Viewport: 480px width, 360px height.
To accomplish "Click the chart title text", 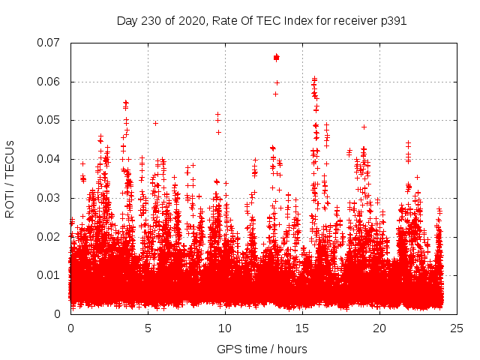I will click(x=262, y=20).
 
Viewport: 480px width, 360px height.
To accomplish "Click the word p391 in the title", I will click(x=392, y=20).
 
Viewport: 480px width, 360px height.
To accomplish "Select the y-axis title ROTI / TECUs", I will click(x=10, y=178).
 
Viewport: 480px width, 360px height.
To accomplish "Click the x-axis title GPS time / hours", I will click(x=262, y=349).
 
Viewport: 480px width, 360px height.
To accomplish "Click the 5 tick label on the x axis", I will click(x=148, y=328).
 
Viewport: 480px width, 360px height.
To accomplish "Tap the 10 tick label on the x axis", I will click(x=225, y=328).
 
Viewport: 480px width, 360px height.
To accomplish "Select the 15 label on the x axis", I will click(x=302, y=328).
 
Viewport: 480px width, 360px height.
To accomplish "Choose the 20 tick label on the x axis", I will click(x=379, y=328).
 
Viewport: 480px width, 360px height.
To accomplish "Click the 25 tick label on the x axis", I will click(x=457, y=328).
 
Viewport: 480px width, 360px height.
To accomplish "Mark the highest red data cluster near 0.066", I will click(x=276, y=57).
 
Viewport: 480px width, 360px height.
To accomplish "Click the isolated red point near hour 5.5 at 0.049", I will click(x=155, y=123).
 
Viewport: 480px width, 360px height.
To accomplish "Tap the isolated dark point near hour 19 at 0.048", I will click(x=364, y=127).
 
